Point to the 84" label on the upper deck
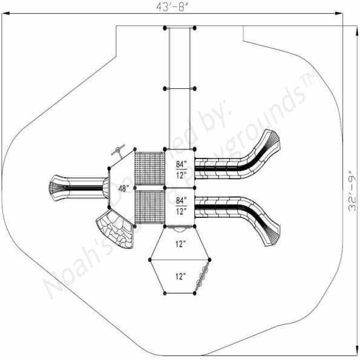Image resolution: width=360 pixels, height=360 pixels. [x=181, y=164]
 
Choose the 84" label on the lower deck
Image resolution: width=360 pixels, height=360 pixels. [x=181, y=200]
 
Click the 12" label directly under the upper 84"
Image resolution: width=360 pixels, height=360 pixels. [x=181, y=175]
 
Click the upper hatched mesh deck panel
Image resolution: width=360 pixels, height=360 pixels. [x=149, y=168]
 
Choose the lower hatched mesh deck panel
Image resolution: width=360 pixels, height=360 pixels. [x=149, y=206]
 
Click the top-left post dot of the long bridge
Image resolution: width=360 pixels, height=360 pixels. [x=165, y=27]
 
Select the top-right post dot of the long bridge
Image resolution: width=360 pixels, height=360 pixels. [x=195, y=27]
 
